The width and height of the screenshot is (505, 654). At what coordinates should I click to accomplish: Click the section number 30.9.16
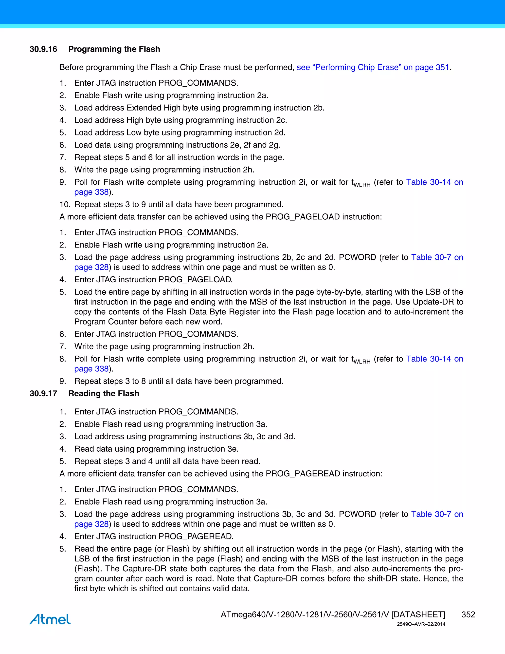click(x=43, y=49)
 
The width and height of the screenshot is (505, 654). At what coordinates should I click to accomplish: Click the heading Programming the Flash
click(x=114, y=49)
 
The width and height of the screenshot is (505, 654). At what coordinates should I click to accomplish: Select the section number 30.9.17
click(x=43, y=393)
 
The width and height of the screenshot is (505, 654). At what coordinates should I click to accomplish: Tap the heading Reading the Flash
click(x=104, y=393)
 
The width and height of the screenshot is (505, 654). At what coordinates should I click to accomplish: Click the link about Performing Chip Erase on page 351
click(x=373, y=67)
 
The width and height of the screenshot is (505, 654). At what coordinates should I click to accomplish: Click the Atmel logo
click(x=50, y=619)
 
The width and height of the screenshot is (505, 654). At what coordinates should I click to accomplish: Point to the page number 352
click(x=468, y=615)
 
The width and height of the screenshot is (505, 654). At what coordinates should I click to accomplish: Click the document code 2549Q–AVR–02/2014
click(x=421, y=624)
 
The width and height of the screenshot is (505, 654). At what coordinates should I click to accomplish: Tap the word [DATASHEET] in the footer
click(x=418, y=615)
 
